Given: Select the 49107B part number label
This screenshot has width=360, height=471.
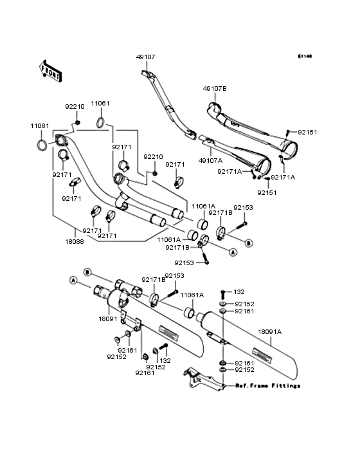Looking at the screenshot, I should pyautogui.click(x=215, y=88).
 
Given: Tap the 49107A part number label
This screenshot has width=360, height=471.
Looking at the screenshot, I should pyautogui.click(x=212, y=161).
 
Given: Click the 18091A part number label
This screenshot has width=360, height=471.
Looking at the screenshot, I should pyautogui.click(x=270, y=332).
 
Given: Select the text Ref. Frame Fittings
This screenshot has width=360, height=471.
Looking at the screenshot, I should pyautogui.click(x=267, y=386).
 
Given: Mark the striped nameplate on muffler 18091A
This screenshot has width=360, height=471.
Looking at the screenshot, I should pyautogui.click(x=264, y=354).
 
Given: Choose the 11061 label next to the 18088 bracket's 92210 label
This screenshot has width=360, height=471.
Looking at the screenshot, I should pyautogui.click(x=100, y=103).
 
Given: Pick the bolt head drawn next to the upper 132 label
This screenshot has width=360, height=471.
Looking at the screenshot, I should pyautogui.click(x=222, y=292).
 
